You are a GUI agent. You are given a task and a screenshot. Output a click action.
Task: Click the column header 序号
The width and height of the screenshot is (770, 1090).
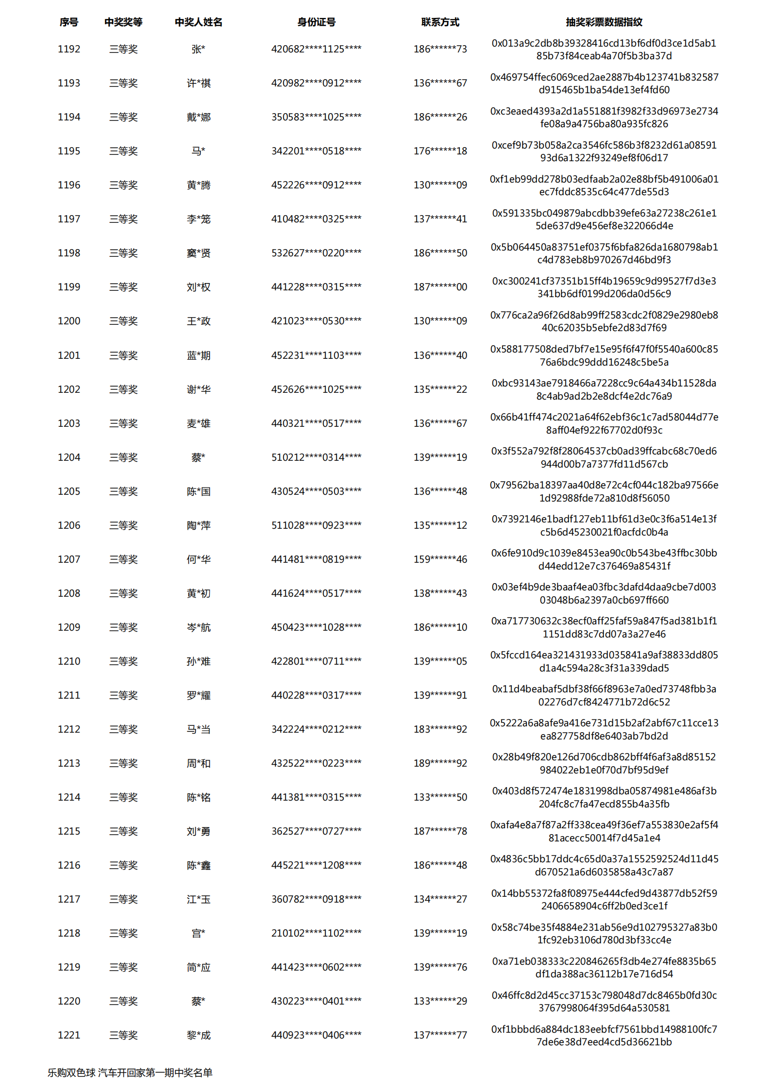[69, 22]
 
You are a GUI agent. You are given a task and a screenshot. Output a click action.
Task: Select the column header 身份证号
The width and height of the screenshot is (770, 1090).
[316, 22]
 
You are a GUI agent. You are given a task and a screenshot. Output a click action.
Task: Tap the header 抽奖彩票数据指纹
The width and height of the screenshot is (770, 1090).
[603, 22]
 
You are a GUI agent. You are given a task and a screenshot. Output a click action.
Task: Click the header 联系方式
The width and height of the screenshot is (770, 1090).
[440, 22]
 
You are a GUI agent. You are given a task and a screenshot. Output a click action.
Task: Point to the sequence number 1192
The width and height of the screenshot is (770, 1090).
[69, 49]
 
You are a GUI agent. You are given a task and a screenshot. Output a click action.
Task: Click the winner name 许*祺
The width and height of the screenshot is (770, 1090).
[199, 83]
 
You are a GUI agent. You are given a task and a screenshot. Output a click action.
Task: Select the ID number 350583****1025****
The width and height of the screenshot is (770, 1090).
[316, 117]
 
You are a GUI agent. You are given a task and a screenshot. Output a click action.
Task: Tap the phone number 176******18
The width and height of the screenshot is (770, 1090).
[440, 151]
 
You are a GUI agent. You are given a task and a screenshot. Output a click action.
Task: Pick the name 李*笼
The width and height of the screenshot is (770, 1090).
[199, 219]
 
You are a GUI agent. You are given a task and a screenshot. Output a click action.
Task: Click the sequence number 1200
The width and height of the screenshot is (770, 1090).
[69, 321]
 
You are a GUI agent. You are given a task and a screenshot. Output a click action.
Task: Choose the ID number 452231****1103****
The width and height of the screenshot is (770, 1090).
[316, 355]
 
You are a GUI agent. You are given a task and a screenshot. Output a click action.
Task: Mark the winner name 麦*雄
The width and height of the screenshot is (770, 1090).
[199, 423]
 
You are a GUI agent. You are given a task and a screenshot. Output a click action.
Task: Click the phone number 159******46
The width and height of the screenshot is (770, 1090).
[440, 559]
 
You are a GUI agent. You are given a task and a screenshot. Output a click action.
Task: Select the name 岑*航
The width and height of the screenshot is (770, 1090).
[199, 627]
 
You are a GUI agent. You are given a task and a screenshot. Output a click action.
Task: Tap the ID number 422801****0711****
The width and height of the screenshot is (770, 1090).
[316, 661]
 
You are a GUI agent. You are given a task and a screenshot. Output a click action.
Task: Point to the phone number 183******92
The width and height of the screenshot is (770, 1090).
[440, 729]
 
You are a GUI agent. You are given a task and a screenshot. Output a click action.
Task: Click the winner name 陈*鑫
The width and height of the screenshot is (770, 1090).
[199, 865]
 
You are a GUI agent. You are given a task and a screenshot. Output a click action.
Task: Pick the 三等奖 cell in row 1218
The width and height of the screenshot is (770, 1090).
[123, 933]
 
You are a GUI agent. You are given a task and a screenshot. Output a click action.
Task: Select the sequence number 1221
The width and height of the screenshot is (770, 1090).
[69, 1035]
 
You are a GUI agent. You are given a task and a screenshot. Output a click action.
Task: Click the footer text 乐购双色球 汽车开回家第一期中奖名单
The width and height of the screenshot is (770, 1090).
[130, 1073]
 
